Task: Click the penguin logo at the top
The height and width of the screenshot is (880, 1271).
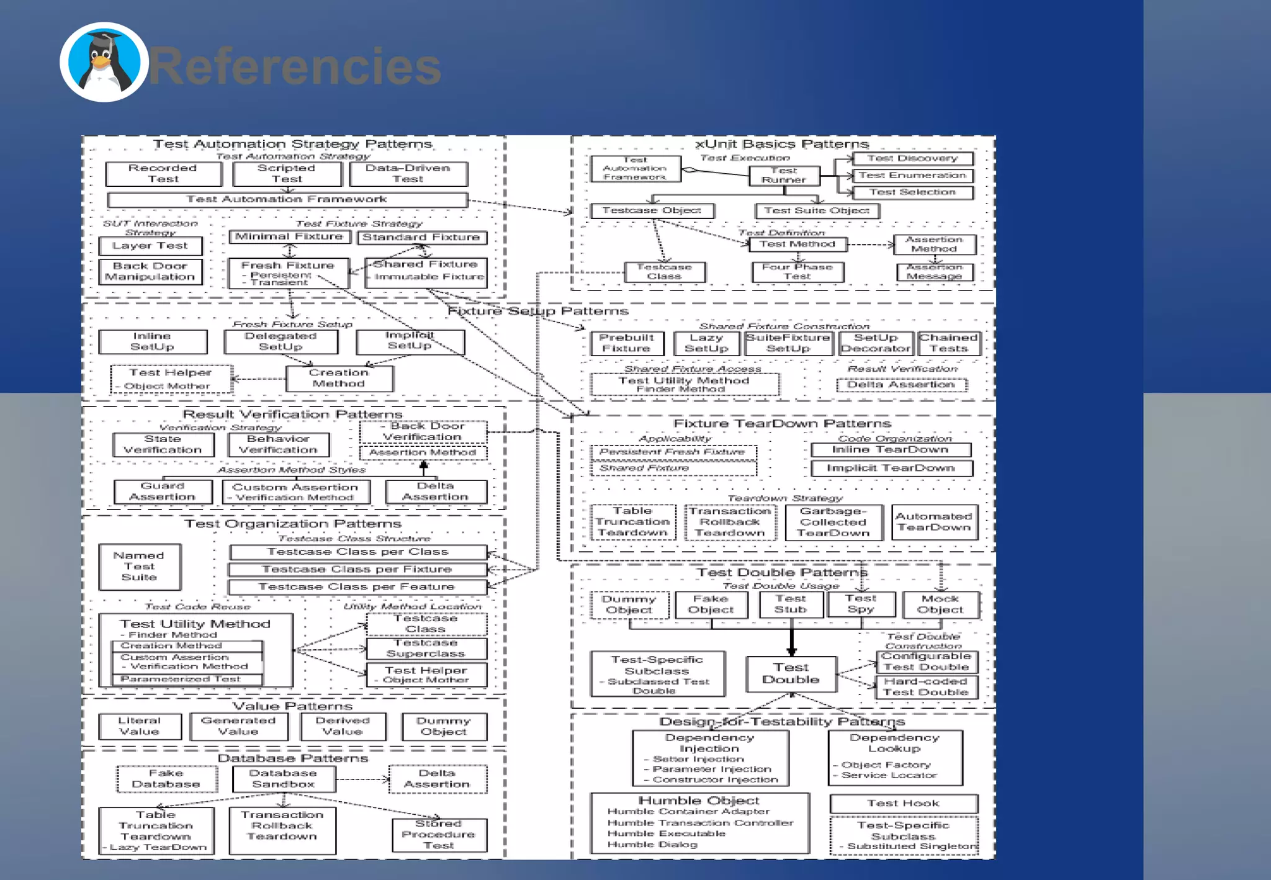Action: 104,62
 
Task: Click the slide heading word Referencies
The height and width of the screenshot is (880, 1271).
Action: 295,66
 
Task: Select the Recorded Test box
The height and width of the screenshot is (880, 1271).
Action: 163,174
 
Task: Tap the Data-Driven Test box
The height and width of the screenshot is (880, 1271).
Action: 408,174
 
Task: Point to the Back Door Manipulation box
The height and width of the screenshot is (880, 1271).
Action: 150,271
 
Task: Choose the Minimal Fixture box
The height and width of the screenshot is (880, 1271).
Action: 289,237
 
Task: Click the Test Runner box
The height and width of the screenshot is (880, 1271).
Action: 784,175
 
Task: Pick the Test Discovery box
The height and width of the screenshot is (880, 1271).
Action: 912,159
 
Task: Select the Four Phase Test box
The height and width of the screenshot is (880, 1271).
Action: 797,272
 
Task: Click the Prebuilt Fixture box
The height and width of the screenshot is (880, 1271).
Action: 626,343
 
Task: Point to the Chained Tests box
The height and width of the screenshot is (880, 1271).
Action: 949,343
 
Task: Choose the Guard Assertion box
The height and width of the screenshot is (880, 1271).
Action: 163,492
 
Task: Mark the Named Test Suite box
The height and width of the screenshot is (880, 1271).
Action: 140,567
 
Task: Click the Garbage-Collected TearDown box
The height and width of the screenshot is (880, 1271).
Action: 833,522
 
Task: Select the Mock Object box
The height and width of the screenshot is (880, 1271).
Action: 940,604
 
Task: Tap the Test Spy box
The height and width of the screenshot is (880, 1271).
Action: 861,604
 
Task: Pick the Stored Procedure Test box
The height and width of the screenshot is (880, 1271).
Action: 439,835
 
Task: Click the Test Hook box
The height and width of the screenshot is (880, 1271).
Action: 904,804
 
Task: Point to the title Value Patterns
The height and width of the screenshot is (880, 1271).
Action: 292,706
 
